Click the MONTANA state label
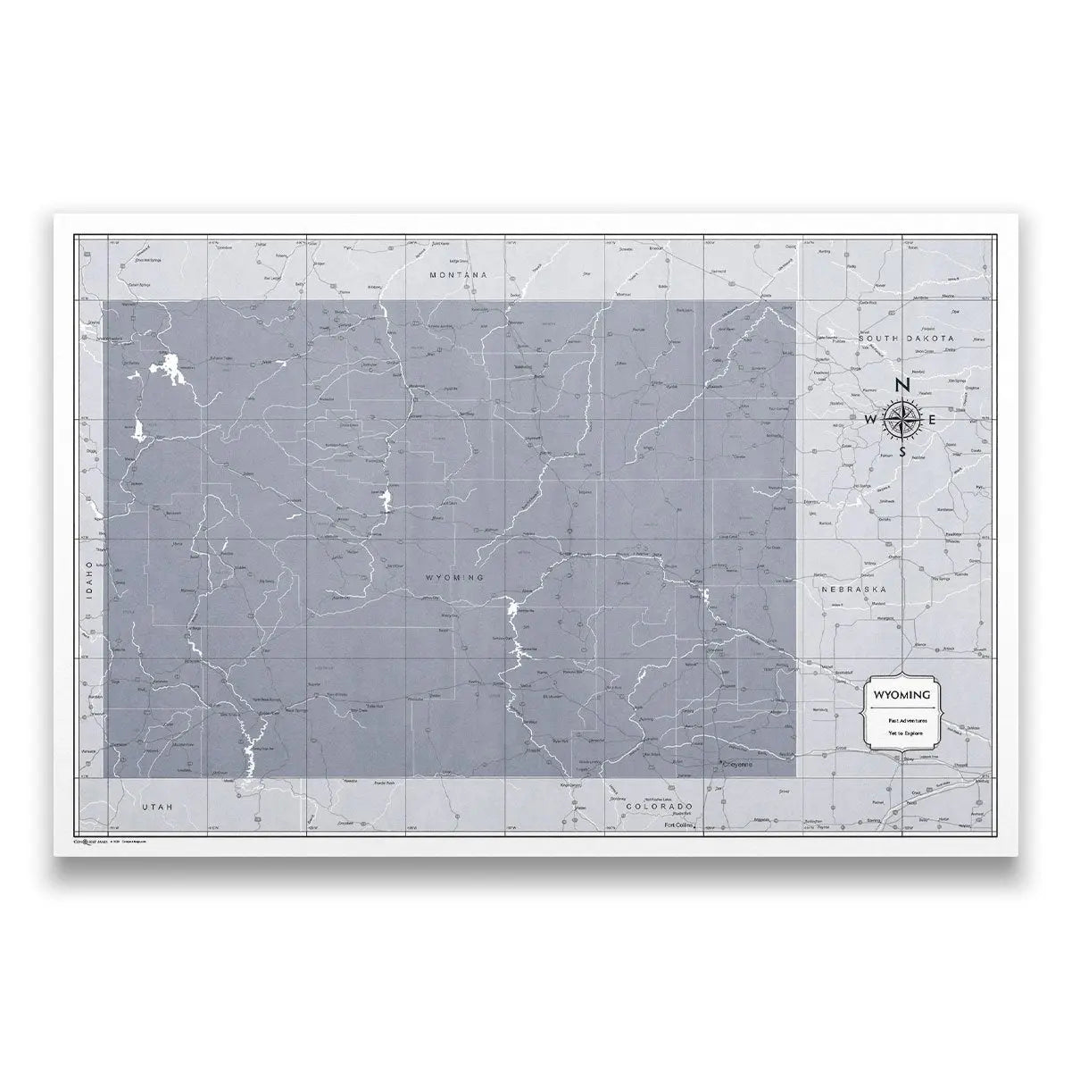tap(458, 275)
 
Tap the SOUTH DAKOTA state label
tap(907, 339)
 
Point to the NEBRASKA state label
tap(852, 590)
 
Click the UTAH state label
tap(156, 806)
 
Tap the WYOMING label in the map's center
tap(455, 578)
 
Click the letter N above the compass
tap(902, 385)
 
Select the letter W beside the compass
tap(870, 420)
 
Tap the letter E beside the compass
tap(933, 420)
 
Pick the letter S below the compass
tap(903, 452)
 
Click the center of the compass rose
tap(902, 419)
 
